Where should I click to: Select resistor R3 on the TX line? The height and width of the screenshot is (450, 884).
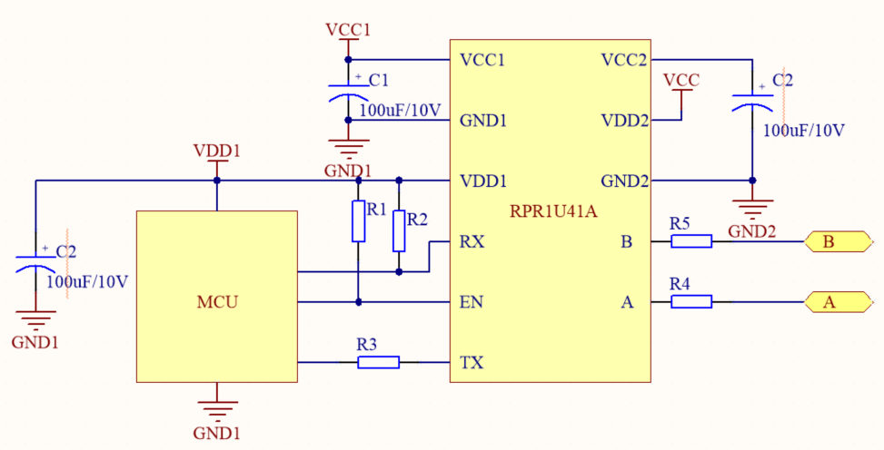[x=378, y=363]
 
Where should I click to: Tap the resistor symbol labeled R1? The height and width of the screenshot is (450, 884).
[x=358, y=222]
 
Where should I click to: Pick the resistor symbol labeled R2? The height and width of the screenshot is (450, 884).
[x=398, y=230]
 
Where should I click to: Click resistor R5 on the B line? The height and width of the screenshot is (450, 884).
[x=691, y=241]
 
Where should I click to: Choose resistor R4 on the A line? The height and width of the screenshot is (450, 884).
[x=691, y=302]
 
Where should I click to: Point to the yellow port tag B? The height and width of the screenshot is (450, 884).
[x=828, y=242]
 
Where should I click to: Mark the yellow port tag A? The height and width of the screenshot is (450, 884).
[x=828, y=302]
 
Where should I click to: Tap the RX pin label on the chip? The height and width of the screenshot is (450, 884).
[x=472, y=242]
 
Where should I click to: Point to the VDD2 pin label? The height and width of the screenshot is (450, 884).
[x=624, y=120]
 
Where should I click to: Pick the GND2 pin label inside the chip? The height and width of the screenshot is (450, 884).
[x=624, y=181]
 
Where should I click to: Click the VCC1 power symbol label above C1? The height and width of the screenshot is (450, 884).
[x=348, y=31]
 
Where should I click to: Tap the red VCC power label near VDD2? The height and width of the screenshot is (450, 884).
[x=681, y=80]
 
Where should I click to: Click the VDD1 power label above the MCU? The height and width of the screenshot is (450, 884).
[x=217, y=150]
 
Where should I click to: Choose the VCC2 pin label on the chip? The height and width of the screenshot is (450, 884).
[x=624, y=61]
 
